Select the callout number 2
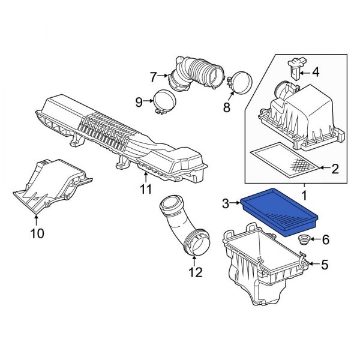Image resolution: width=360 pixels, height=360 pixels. pos(335,169)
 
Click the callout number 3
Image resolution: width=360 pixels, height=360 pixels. pos(226,205)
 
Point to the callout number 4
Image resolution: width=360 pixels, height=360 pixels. pos(316,73)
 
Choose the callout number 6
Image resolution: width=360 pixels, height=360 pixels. pos(326,240)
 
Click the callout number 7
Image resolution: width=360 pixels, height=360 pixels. pos(153,76)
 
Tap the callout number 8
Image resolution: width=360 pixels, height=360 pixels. pos(226,108)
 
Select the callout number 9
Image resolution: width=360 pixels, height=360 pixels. pos(139,102)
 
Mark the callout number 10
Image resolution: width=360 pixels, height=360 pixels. pos(37,233)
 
